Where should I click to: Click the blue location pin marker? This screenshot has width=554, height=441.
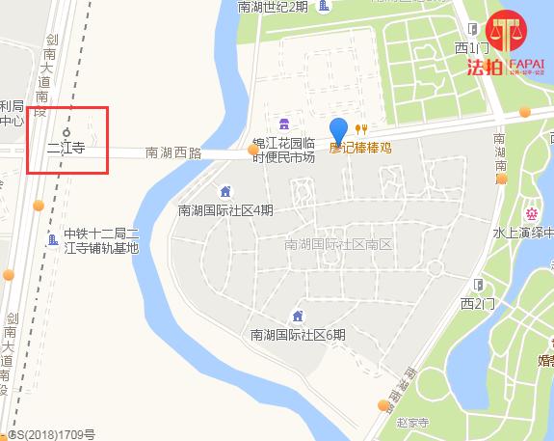[x=338, y=130]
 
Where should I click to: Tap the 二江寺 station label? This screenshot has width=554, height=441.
[x=66, y=150]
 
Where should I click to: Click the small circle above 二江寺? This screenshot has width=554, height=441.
[x=66, y=132]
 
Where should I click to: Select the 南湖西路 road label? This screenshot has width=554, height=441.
[x=173, y=152]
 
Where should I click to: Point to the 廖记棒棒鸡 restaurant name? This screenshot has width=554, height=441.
[x=361, y=150]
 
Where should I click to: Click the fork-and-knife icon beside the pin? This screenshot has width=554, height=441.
[x=361, y=129]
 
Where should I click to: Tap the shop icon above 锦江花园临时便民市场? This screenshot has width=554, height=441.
[x=284, y=124]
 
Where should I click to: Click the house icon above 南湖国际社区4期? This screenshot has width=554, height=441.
[x=225, y=191]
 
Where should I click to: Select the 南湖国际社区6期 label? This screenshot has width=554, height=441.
[x=298, y=335]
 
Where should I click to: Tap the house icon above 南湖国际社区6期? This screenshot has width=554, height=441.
[x=298, y=317]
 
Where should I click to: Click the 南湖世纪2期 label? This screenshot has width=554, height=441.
[x=274, y=7]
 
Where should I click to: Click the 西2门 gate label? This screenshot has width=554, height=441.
[x=477, y=304]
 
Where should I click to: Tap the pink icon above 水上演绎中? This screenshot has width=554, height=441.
[x=530, y=212]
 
